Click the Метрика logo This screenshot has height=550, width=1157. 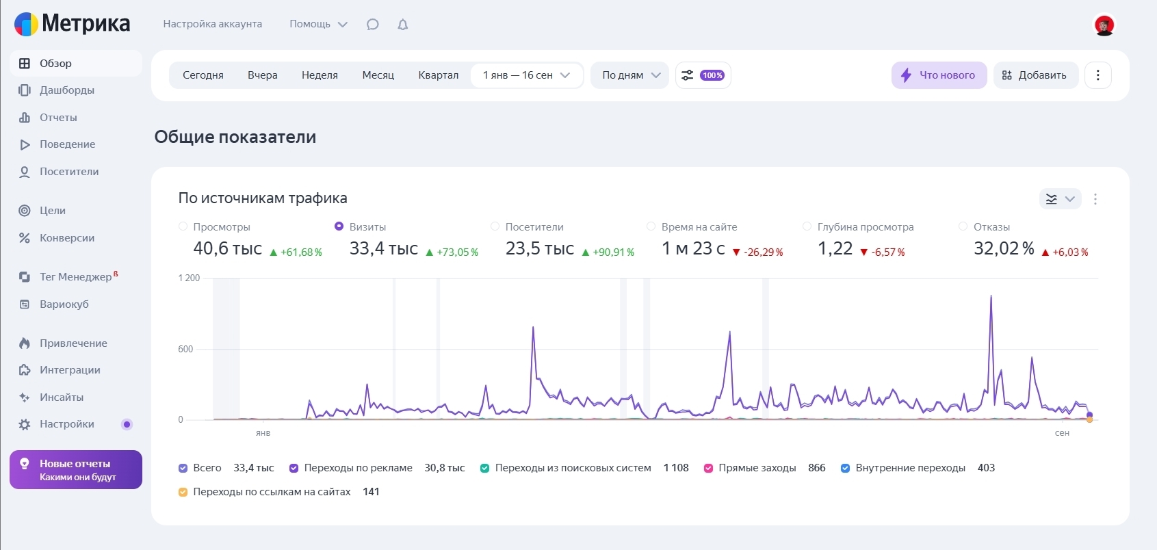72,24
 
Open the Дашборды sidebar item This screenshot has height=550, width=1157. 66,90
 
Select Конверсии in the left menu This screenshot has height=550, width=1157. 66,238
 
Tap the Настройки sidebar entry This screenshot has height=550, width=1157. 66,424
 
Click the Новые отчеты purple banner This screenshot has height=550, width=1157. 76,470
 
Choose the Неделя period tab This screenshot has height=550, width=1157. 320,75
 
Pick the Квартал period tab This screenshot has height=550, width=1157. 438,75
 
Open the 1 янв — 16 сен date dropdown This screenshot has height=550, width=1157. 526,75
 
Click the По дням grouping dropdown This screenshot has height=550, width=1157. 630,75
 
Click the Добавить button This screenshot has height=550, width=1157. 1035,75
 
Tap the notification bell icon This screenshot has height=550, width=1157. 403,25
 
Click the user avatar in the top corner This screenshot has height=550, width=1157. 1104,25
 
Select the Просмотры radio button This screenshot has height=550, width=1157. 183,226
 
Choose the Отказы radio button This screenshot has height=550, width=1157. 963,226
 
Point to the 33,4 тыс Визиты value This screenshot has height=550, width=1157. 383,249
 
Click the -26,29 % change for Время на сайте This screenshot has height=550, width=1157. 763,252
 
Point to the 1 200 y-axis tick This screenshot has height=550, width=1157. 189,278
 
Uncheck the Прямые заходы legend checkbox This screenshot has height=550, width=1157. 709,469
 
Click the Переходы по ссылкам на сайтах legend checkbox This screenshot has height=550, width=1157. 183,492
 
